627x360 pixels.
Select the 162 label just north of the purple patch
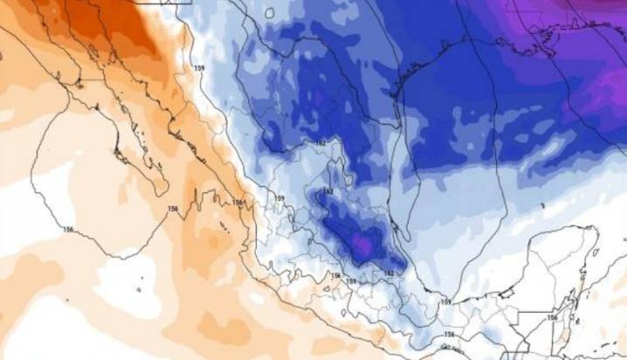tap(329, 191)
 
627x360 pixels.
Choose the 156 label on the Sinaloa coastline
tap(237, 203)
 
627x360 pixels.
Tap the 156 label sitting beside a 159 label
tap(335, 276)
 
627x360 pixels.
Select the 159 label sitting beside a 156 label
tap(350, 280)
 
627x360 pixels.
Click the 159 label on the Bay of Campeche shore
tap(445, 301)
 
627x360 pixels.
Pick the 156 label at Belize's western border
tap(551, 318)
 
